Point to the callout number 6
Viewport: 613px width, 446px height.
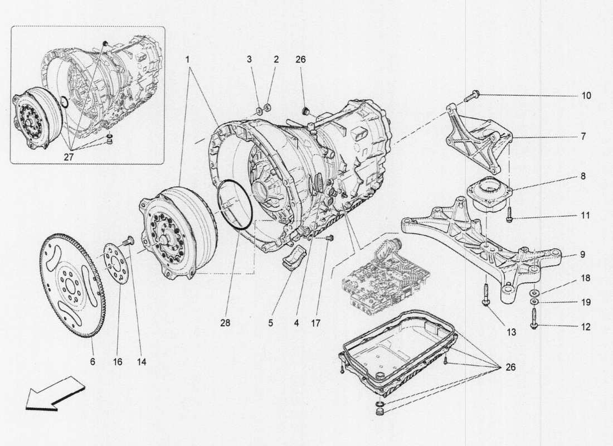[93, 361]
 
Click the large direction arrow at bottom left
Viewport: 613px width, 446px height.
[53, 394]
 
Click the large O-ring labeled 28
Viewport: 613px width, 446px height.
[234, 205]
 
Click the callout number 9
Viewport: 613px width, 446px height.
[582, 255]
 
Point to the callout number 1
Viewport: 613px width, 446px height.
[188, 59]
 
